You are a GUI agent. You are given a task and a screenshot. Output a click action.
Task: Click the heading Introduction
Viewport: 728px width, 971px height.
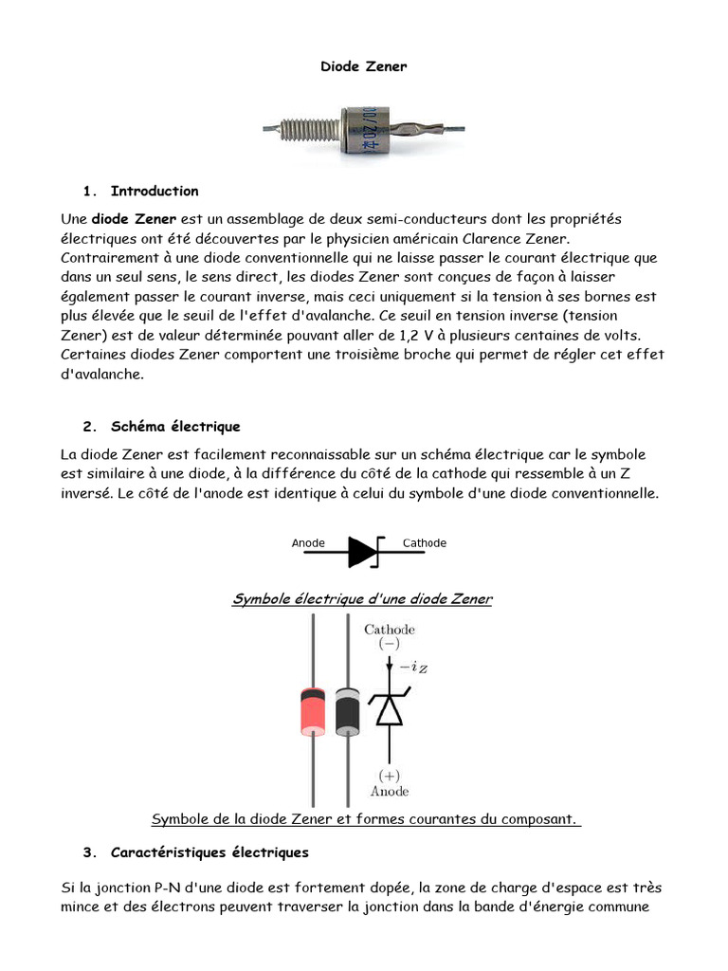pos(155,191)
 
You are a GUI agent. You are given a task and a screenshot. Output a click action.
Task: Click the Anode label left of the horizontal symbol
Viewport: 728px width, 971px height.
pos(308,543)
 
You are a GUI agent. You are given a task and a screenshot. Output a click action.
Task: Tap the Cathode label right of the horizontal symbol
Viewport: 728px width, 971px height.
pos(424,543)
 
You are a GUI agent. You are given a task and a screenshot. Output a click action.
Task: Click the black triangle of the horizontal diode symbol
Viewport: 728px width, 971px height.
pos(361,552)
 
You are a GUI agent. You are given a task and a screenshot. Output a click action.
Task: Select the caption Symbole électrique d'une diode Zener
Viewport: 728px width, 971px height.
pos(362,599)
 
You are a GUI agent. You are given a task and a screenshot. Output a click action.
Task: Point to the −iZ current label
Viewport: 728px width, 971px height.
pos(414,669)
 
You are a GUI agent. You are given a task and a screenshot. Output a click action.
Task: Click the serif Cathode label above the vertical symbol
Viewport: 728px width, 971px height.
pos(390,629)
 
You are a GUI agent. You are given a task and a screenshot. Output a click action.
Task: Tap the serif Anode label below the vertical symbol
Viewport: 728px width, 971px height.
pos(390,790)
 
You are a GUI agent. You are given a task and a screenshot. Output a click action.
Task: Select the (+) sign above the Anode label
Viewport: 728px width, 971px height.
pos(390,774)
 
